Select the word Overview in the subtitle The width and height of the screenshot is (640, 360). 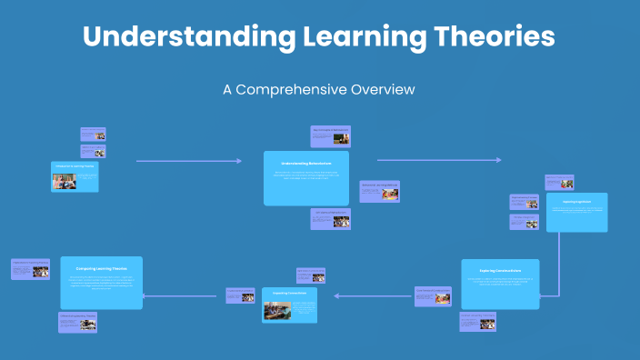(384, 90)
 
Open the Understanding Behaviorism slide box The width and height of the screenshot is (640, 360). (306, 177)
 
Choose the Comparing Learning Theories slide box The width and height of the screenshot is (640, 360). (102, 283)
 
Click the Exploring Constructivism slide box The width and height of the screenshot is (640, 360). (499, 283)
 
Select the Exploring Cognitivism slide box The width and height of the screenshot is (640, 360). (576, 212)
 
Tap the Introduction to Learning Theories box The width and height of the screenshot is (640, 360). (75, 176)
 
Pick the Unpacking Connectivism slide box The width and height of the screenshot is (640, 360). (289, 305)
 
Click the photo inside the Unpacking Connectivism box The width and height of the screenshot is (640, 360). (277, 311)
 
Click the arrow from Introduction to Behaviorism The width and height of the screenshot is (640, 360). (189, 161)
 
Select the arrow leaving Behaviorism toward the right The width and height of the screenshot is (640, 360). (438, 160)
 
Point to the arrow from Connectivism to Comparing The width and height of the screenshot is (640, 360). (185, 295)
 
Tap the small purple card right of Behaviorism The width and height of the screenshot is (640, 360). (379, 191)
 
